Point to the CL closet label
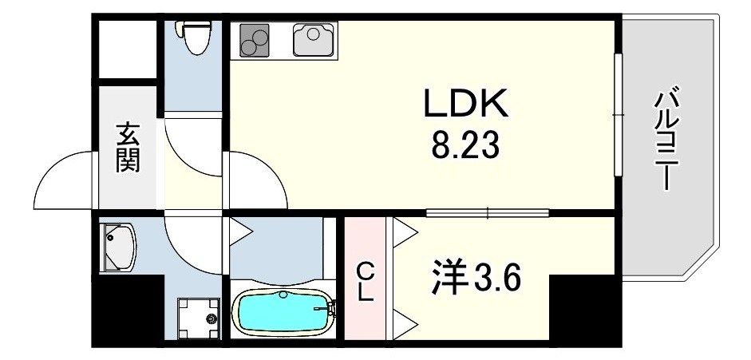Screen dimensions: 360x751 pyautogui.click(x=365, y=280)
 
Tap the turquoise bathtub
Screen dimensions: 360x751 pyautogui.click(x=283, y=313)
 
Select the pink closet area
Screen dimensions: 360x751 pyautogui.click(x=365, y=279)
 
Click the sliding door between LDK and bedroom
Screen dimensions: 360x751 pyautogui.click(x=487, y=212)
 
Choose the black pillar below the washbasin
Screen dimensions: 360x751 pyautogui.click(x=128, y=311)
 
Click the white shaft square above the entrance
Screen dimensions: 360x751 pyautogui.click(x=127, y=49)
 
